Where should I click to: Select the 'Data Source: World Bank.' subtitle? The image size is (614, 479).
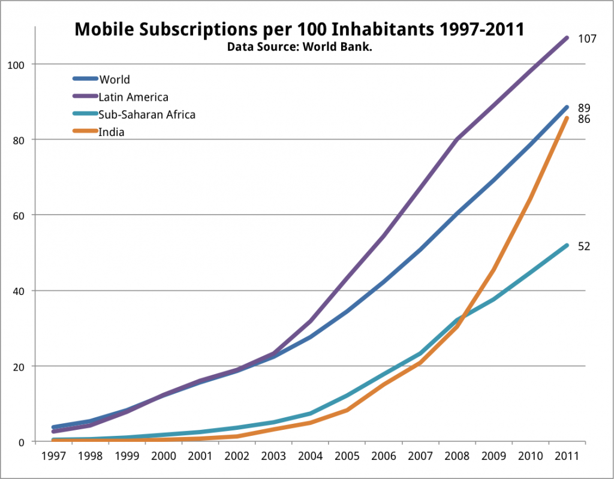pyautogui.click(x=299, y=46)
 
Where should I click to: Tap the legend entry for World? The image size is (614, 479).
pyautogui.click(x=115, y=79)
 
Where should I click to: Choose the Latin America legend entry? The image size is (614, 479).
pyautogui.click(x=133, y=97)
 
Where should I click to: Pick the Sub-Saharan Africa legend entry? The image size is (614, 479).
pyautogui.click(x=147, y=115)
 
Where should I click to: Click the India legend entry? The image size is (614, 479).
pyautogui.click(x=112, y=132)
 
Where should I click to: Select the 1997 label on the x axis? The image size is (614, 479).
pyautogui.click(x=54, y=456)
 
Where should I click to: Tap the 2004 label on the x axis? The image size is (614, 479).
pyautogui.click(x=309, y=456)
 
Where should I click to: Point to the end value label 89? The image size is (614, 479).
pyautogui.click(x=584, y=109)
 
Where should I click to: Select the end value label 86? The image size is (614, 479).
pyautogui.click(x=584, y=119)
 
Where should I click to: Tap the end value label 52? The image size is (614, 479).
pyautogui.click(x=584, y=246)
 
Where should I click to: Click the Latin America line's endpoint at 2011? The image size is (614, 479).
pyautogui.click(x=566, y=38)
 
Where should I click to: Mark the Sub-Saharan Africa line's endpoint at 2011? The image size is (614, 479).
pyautogui.click(x=566, y=245)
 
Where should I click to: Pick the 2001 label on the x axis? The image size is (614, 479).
pyautogui.click(x=200, y=456)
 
